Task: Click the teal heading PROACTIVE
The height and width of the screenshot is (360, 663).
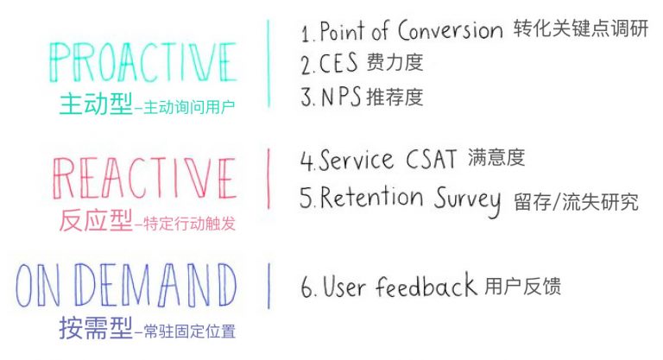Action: (x=143, y=62)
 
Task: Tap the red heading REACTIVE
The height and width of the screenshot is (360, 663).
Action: (x=144, y=179)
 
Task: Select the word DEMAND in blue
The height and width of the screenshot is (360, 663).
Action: (x=157, y=285)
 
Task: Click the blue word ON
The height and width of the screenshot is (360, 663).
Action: (x=37, y=285)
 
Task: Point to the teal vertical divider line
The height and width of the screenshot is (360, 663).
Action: (x=268, y=63)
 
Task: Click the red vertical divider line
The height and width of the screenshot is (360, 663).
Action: (x=268, y=179)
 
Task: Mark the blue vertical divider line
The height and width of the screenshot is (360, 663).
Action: (x=269, y=286)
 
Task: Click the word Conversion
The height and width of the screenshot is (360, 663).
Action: (x=451, y=30)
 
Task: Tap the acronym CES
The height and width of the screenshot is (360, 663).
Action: (x=338, y=64)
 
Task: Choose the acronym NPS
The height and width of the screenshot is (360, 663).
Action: (x=341, y=97)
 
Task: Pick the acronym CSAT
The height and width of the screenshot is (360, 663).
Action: (x=432, y=159)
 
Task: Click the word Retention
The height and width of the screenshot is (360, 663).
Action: (x=372, y=197)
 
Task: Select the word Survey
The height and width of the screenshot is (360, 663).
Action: (x=468, y=201)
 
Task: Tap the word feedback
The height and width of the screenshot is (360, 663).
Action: (x=426, y=285)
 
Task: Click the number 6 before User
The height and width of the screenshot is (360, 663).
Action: (x=307, y=287)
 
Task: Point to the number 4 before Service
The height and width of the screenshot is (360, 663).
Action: (x=306, y=160)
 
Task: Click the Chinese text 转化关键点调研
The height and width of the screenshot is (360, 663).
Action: (x=581, y=28)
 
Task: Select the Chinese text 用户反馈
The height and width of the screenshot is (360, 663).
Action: (x=522, y=286)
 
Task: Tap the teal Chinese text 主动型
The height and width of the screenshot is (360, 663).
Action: (x=96, y=104)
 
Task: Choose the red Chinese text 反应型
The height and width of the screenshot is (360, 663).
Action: (x=96, y=220)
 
